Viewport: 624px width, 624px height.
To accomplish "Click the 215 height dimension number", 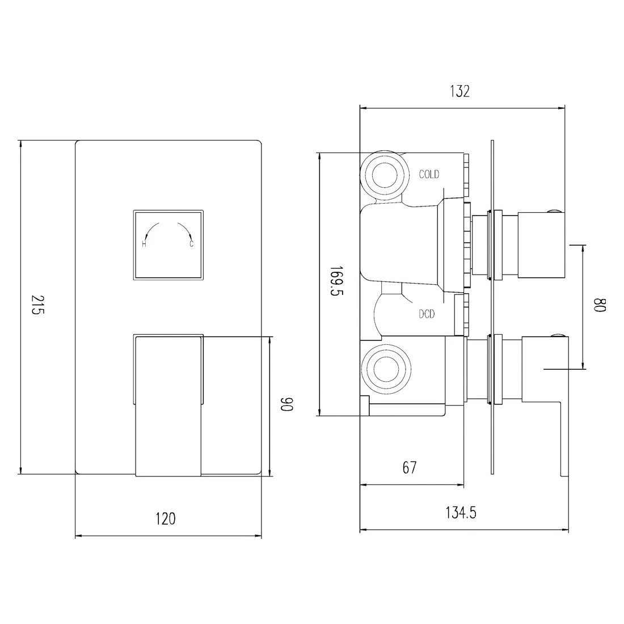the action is pyautogui.click(x=37, y=305).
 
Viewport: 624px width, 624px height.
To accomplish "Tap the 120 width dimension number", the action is pyautogui.click(x=165, y=519).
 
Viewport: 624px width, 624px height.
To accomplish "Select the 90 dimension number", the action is pyautogui.click(x=286, y=404).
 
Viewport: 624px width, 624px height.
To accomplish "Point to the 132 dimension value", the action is pyautogui.click(x=459, y=91).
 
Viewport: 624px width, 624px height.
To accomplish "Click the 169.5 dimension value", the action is pyautogui.click(x=336, y=281).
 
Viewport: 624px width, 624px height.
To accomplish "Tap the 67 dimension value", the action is pyautogui.click(x=410, y=467).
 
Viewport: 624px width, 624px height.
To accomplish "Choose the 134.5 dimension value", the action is pyautogui.click(x=461, y=513).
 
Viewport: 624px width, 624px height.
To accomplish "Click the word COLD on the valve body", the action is pyautogui.click(x=429, y=174).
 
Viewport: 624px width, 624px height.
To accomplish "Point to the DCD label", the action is pyautogui.click(x=427, y=314).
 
